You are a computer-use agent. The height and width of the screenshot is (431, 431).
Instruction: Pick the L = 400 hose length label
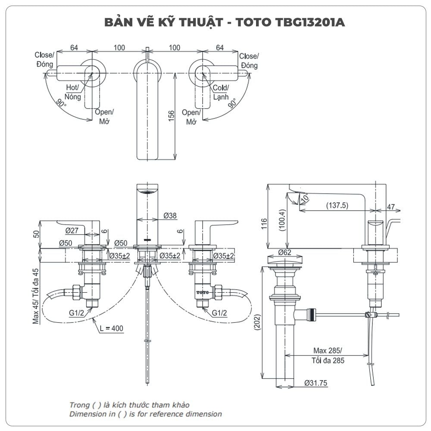(111, 328)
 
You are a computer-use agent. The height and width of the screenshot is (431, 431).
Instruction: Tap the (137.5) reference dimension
(337, 206)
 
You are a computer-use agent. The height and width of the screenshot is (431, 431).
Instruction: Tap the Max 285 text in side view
(328, 350)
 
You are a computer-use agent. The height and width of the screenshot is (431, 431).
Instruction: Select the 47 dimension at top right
(390, 207)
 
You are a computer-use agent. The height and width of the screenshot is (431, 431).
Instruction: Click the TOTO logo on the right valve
(203, 292)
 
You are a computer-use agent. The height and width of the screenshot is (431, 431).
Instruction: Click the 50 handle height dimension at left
(36, 234)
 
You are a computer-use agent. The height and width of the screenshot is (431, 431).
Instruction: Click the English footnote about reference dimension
(146, 414)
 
